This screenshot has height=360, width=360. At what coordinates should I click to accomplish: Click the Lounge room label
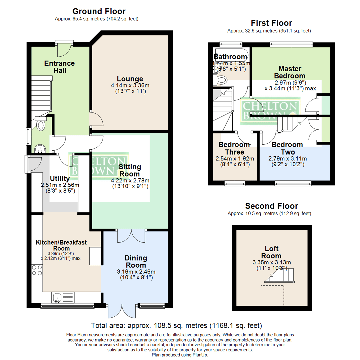point(130,79)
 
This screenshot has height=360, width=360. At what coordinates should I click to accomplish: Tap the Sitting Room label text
point(130,170)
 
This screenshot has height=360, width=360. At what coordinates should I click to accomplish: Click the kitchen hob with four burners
point(37,270)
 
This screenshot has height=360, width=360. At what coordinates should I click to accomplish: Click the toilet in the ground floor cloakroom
point(41,125)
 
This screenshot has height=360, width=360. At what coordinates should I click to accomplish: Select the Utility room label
point(60,178)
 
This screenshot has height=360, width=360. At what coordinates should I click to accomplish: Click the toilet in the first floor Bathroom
point(221,79)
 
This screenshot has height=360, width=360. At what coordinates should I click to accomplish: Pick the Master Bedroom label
point(290,72)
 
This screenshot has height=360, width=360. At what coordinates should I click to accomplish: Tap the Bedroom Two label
point(287,148)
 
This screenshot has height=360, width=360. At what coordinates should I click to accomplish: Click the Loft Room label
point(272,252)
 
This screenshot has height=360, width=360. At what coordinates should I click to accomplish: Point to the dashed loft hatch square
point(272,295)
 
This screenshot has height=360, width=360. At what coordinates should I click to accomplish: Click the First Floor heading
point(271,23)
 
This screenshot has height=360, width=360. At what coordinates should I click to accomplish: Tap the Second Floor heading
point(271,206)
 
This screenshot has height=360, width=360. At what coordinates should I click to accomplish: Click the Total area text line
point(177,325)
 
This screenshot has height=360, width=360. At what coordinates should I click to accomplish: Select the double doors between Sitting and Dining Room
point(132,236)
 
